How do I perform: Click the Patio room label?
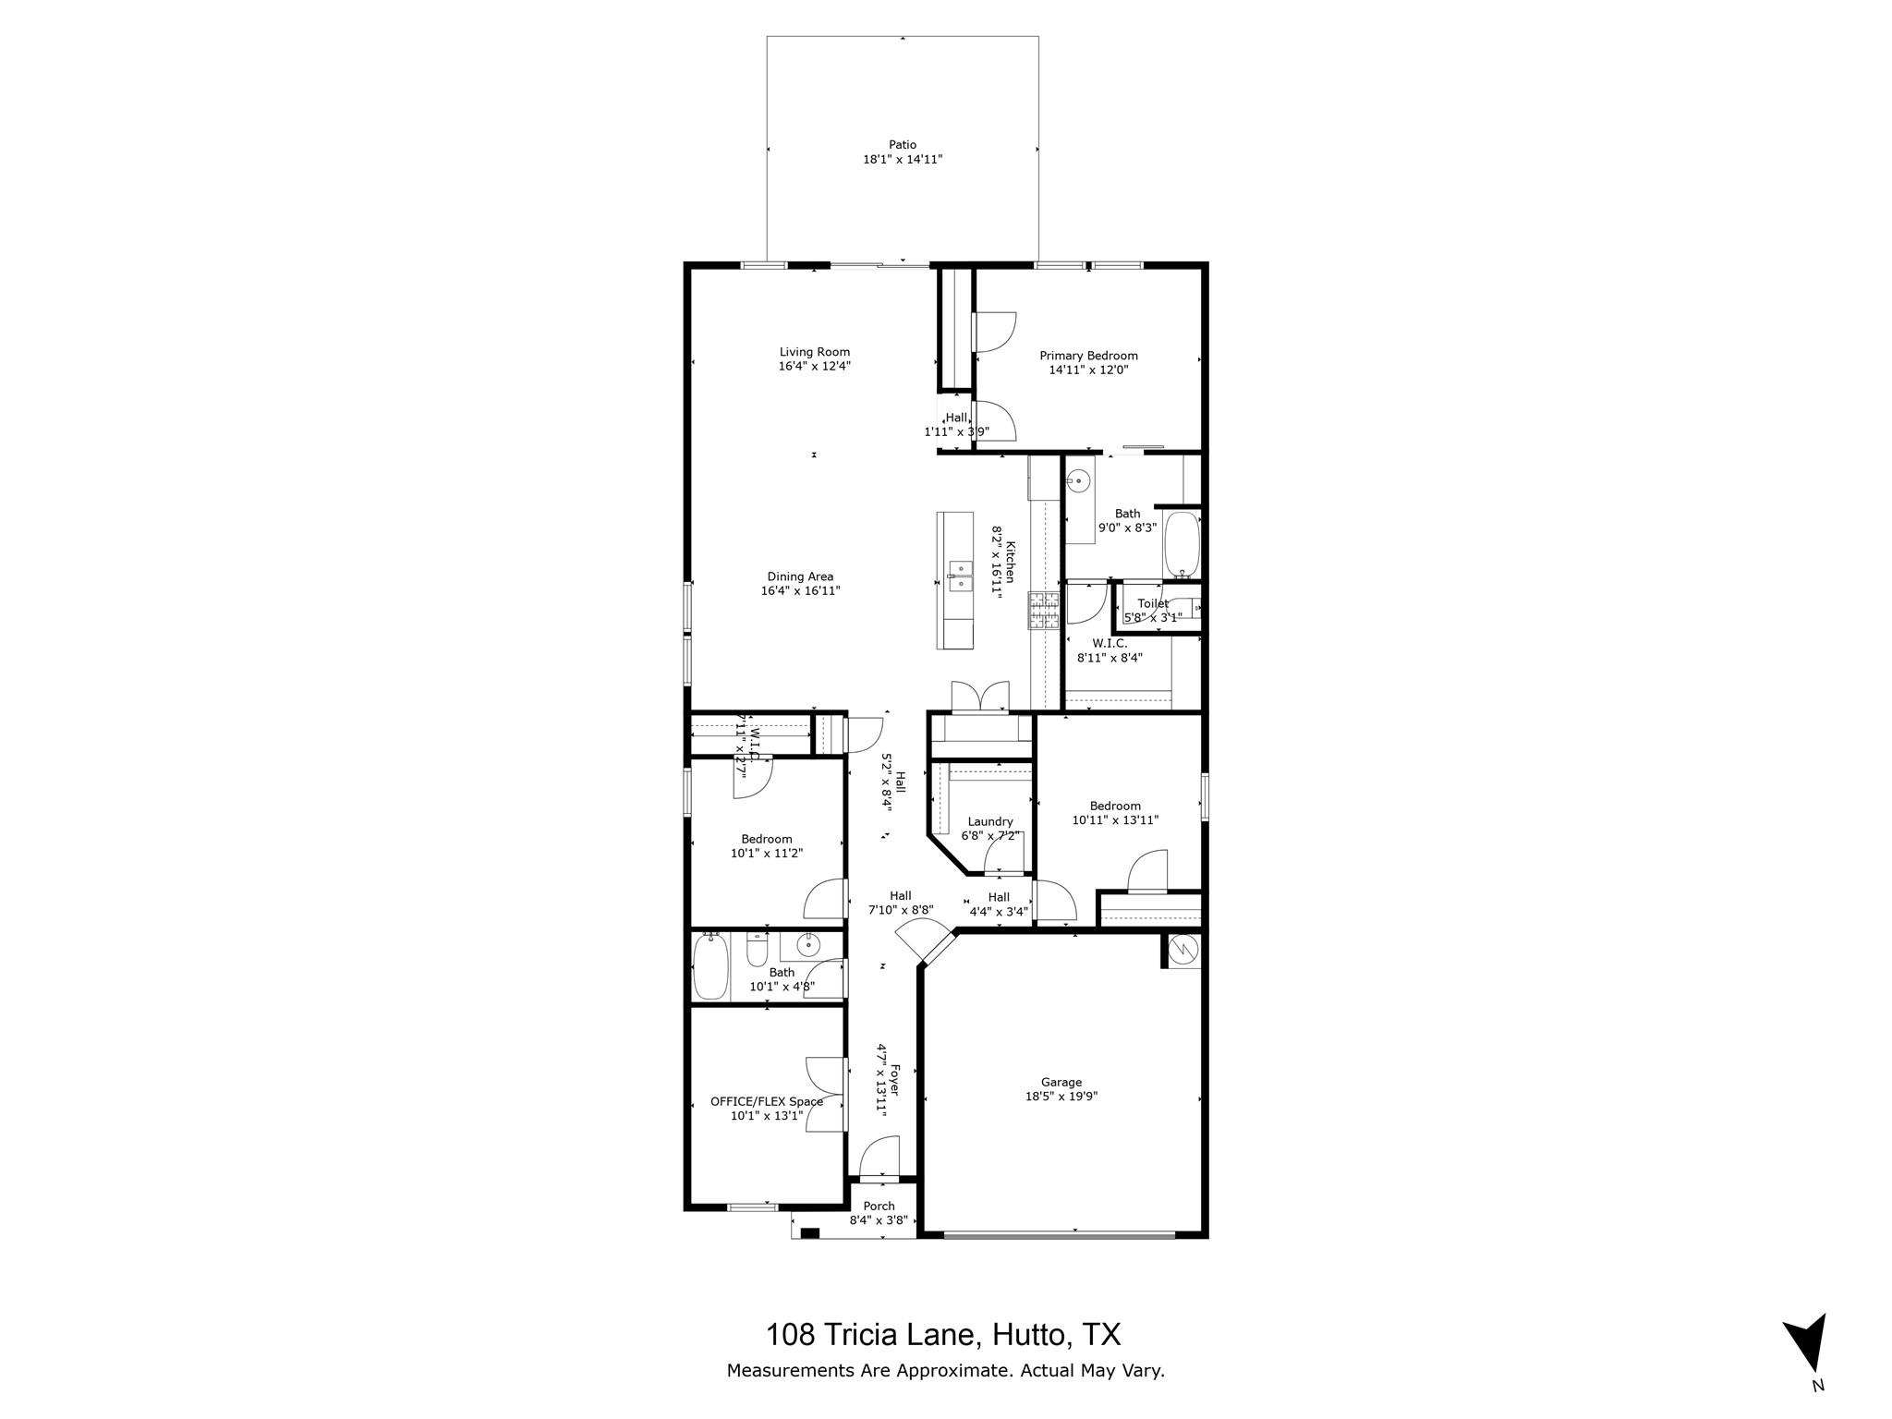point(903,145)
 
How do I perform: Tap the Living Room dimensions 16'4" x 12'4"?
point(814,366)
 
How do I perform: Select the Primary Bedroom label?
point(1088,356)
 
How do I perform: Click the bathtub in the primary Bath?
point(1182,545)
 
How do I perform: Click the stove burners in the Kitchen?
point(1045,612)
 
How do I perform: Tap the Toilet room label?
point(1152,603)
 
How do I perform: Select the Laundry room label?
point(989,821)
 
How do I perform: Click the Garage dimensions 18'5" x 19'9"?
point(1061,1097)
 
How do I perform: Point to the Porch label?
point(879,1206)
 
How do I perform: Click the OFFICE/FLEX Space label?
point(766,1101)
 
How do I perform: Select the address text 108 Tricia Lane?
point(870,1334)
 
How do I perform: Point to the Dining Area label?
point(800,576)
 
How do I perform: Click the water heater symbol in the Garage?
point(1182,951)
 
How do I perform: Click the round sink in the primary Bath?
point(1077,480)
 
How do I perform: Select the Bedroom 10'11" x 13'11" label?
point(1114,806)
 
